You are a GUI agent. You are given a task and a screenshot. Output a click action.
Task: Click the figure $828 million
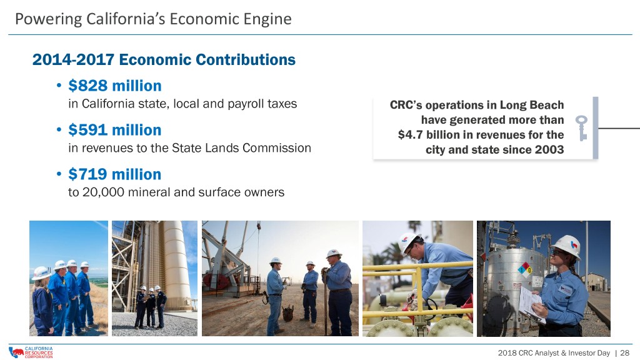pos(115,86)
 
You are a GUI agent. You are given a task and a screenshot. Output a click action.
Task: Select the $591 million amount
pos(115,130)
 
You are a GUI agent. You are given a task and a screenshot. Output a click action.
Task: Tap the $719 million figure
pos(115,174)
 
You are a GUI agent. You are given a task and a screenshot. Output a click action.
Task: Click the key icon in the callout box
pos(582,127)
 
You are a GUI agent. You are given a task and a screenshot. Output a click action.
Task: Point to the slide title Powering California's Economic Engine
pos(154,19)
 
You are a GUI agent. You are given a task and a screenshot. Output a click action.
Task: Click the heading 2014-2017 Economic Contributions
pos(164,59)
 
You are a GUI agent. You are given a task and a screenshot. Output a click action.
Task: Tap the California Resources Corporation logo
pos(31,352)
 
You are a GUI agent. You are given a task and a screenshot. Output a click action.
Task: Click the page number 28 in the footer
pos(624,352)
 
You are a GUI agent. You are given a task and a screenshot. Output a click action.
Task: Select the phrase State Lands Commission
pos(241,147)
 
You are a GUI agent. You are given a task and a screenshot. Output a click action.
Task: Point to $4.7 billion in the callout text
pos(425,135)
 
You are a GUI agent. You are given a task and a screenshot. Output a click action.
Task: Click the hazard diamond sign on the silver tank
pos(525,270)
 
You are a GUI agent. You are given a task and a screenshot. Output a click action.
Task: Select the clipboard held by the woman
pos(531,304)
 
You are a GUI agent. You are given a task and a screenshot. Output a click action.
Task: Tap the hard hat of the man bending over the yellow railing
pos(409,241)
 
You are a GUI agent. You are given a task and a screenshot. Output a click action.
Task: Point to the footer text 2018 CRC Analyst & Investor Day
pos(554,352)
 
